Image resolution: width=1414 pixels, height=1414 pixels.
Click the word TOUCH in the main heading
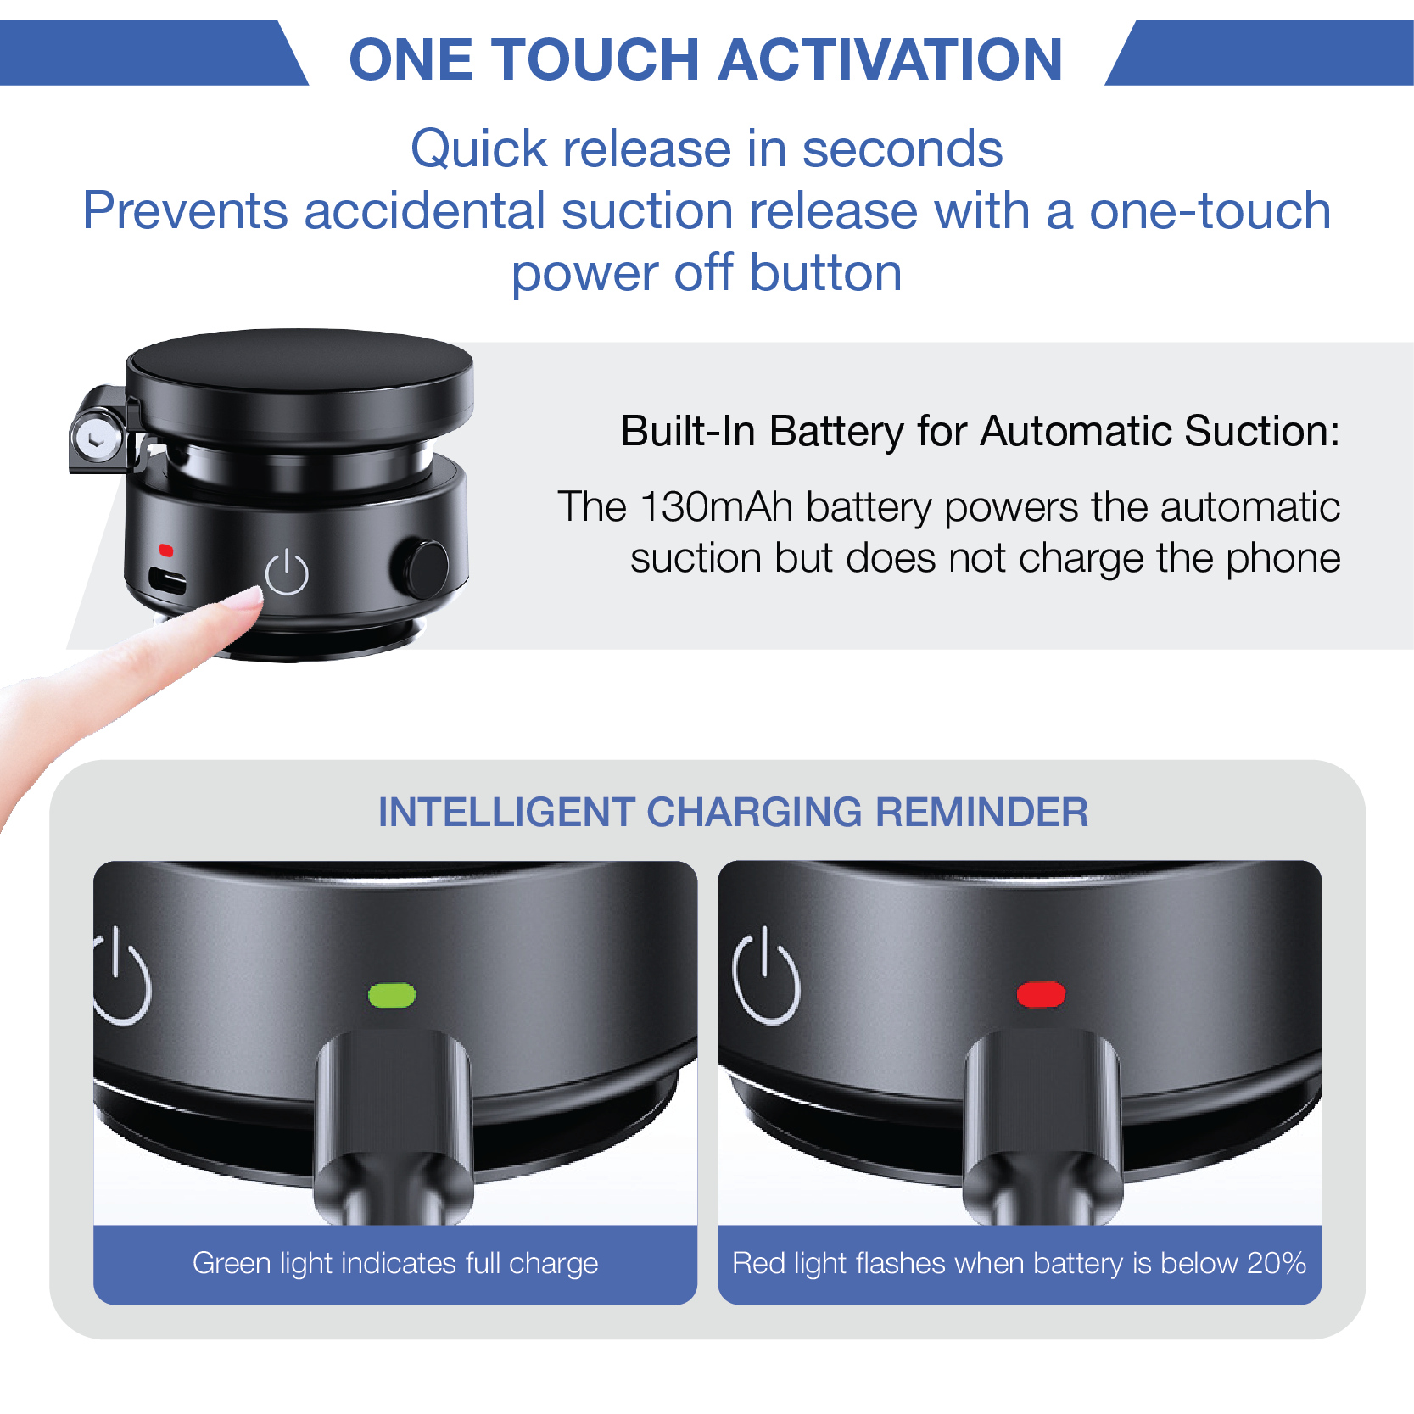[x=606, y=59]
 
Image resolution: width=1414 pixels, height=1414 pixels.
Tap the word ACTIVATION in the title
[x=892, y=59]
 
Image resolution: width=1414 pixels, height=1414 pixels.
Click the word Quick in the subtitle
[x=478, y=150]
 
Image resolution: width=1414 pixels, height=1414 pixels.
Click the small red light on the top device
[x=166, y=551]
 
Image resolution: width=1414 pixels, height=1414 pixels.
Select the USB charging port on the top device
[x=168, y=581]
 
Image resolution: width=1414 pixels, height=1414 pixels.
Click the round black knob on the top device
[x=422, y=567]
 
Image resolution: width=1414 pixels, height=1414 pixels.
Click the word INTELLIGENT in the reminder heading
[x=506, y=812]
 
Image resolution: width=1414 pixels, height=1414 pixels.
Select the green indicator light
[x=392, y=995]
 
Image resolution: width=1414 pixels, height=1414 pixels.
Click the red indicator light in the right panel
[x=1041, y=995]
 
